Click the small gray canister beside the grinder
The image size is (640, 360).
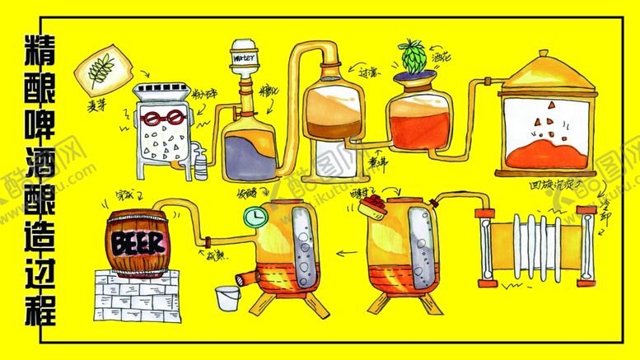point(201,161)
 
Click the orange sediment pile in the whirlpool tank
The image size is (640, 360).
point(544,152)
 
